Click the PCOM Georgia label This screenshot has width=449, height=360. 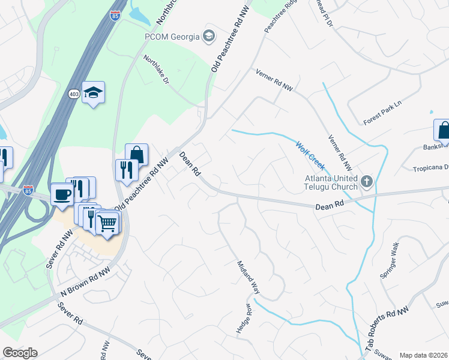tap(172, 37)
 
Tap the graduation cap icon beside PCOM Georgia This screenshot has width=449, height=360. tap(208, 37)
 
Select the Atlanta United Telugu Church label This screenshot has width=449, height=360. tap(331, 182)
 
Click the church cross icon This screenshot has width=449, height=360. tap(366, 181)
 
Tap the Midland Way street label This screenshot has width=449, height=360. tap(247, 276)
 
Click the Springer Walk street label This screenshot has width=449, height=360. tap(389, 265)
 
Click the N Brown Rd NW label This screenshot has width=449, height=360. tap(86, 283)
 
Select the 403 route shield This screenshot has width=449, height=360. tap(74, 94)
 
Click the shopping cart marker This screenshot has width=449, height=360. tap(108, 224)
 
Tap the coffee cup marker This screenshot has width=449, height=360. tap(62, 194)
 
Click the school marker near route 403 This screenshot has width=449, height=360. tap(93, 92)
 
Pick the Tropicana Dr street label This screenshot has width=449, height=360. tap(430, 169)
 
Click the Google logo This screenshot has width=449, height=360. tap(20, 353)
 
